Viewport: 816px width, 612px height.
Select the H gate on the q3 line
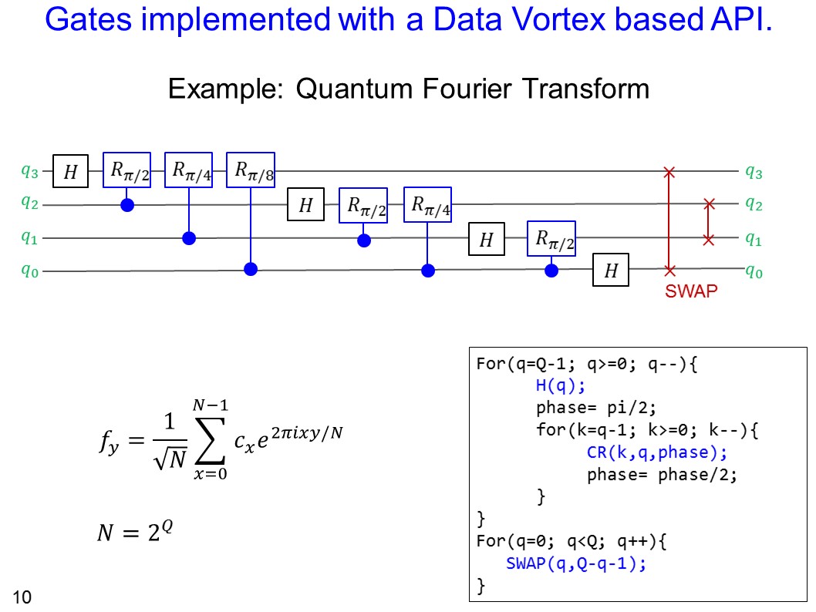[x=70, y=171]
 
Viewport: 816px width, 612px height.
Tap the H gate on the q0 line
[x=611, y=271]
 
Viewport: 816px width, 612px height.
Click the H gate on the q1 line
[x=486, y=240]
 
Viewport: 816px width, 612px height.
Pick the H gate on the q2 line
[x=306, y=205]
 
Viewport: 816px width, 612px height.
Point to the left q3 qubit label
[x=29, y=171]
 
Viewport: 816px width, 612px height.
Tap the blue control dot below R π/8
[x=251, y=270]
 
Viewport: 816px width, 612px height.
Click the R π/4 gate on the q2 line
[x=427, y=204]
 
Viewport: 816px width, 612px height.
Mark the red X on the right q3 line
[x=669, y=171]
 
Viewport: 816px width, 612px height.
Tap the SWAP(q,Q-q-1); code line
[x=575, y=563]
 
